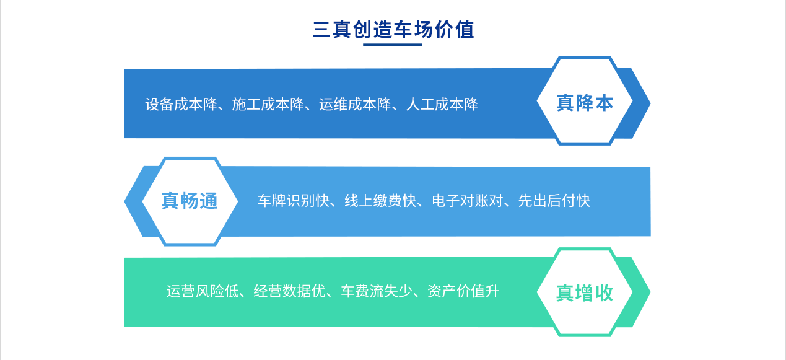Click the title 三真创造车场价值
pos(393,30)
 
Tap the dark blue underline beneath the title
pos(392,45)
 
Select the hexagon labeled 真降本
pos(585,102)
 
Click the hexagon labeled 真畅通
pos(190,201)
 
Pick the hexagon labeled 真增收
pos(585,292)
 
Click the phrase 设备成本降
pos(180,104)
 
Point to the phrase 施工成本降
pos(268,104)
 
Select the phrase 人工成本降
pos(442,104)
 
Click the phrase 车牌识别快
pos(293,201)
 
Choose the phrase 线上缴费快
pos(380,201)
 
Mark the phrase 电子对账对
pos(467,201)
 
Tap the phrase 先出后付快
pos(554,201)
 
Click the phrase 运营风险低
pos(202,291)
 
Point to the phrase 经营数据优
pos(289,291)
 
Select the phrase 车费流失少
pos(376,291)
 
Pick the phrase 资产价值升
pos(463,291)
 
